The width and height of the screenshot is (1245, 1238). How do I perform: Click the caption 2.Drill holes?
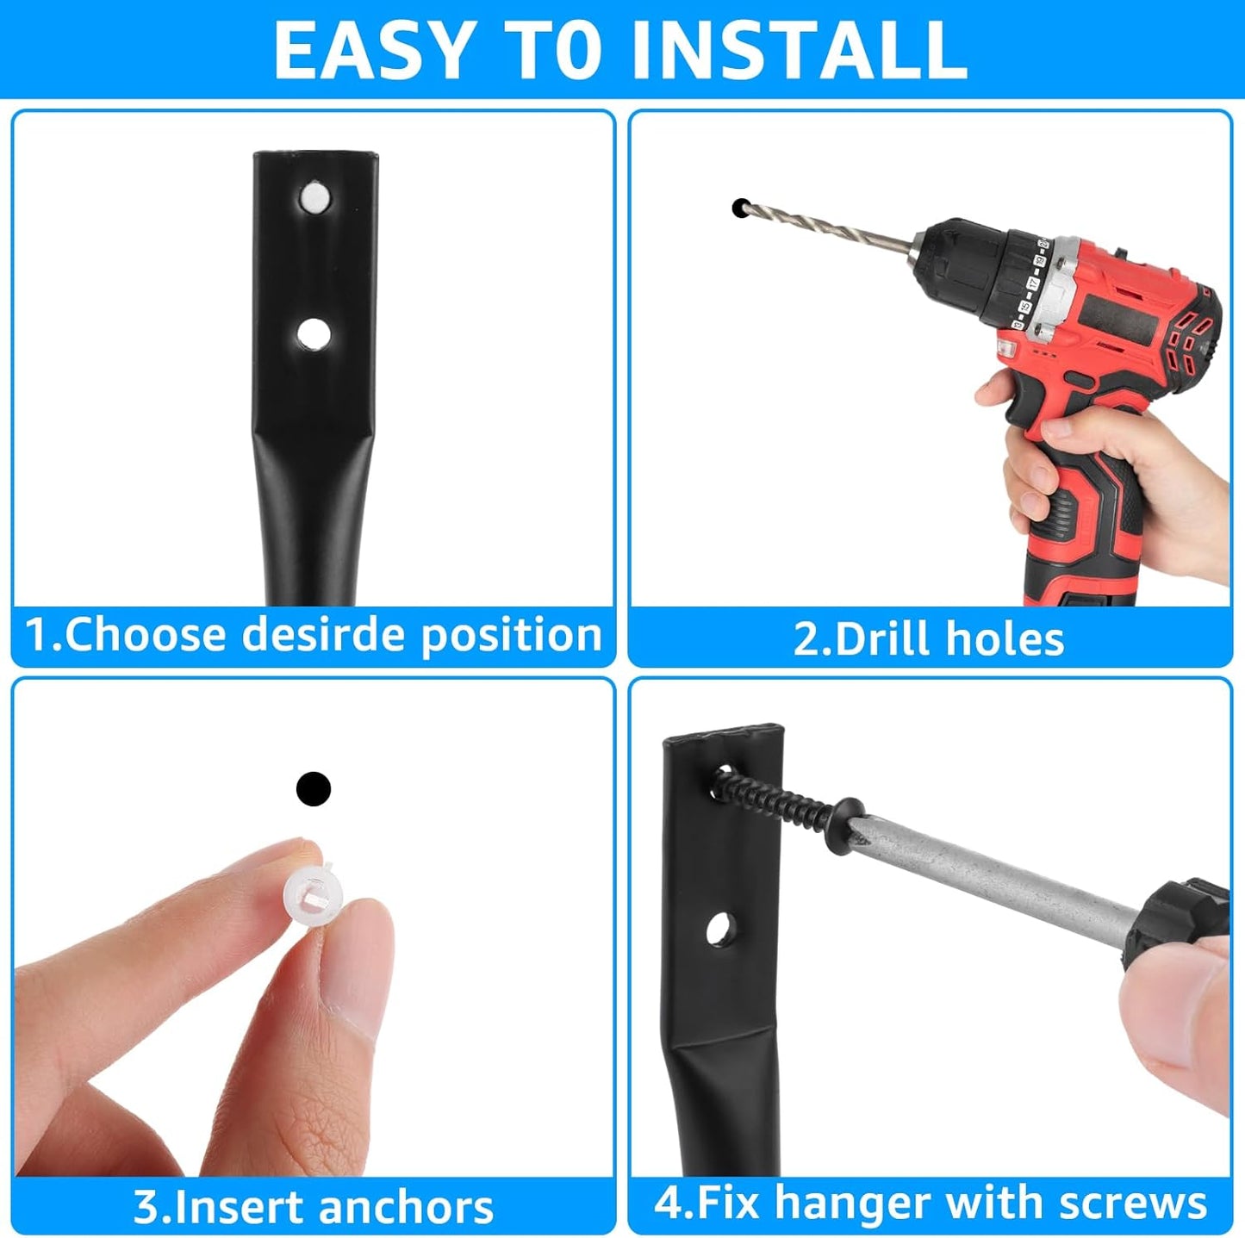point(928,639)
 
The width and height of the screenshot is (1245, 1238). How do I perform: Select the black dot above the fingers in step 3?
point(313,788)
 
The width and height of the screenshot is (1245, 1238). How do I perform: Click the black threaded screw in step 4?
point(775,797)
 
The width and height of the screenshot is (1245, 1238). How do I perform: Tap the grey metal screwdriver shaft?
point(991,877)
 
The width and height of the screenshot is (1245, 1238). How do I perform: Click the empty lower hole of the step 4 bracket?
point(717,929)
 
